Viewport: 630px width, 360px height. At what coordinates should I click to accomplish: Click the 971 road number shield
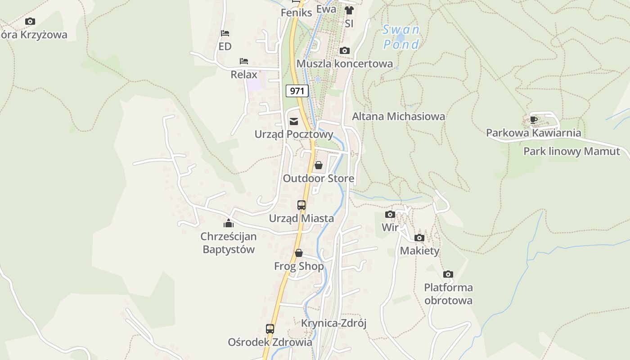[x=297, y=91]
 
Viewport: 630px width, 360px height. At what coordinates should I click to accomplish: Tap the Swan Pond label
[x=401, y=37]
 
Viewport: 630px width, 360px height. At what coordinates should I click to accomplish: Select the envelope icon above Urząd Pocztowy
[x=294, y=121]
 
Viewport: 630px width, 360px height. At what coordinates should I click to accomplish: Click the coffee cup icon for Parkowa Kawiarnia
[x=533, y=120]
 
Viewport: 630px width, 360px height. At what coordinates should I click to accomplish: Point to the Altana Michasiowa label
[x=398, y=117]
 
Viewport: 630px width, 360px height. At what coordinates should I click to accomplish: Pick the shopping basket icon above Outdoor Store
[x=319, y=165]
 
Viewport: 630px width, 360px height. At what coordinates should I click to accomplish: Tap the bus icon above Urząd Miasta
[x=301, y=205]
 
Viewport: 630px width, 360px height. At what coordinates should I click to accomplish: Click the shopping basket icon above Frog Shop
[x=299, y=253]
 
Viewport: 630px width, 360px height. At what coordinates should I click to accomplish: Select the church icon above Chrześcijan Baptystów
[x=229, y=223]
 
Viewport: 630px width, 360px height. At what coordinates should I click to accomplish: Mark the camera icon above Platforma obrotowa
[x=448, y=274]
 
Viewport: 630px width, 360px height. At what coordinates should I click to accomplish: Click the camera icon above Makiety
[x=419, y=238]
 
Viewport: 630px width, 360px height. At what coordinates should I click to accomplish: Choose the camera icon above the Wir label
[x=390, y=214]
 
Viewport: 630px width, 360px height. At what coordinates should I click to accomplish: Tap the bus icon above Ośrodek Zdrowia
[x=270, y=329]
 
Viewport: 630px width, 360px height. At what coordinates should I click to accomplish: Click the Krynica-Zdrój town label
[x=334, y=323]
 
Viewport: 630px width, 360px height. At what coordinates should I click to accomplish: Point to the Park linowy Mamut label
[x=571, y=151]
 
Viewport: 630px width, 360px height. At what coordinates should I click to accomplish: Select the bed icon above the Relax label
[x=244, y=61]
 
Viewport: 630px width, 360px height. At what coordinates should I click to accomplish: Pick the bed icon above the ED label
[x=225, y=33]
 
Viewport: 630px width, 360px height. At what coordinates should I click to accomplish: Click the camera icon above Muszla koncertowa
[x=345, y=50]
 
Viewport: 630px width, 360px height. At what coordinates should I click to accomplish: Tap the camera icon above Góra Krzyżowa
[x=30, y=21]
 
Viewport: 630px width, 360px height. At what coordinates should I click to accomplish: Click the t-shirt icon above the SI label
[x=349, y=10]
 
